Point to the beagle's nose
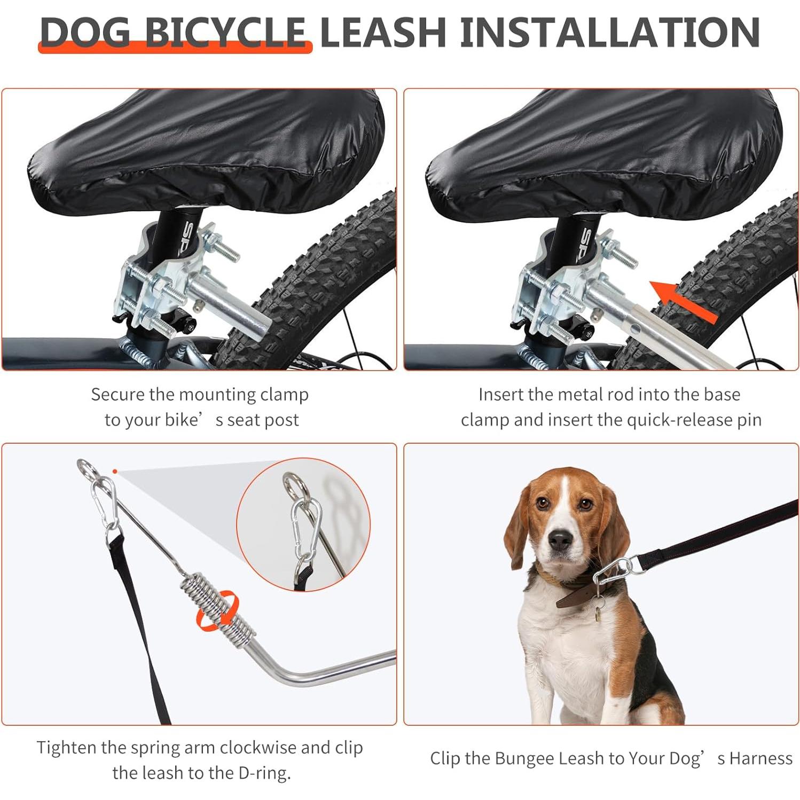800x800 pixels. [x=559, y=540]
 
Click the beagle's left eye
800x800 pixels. [x=586, y=504]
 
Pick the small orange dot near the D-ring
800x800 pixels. [x=115, y=471]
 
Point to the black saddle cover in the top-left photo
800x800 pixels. [x=208, y=150]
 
